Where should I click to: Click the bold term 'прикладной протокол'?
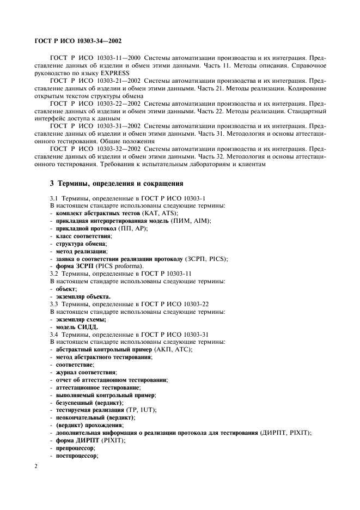coord(80,228)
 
